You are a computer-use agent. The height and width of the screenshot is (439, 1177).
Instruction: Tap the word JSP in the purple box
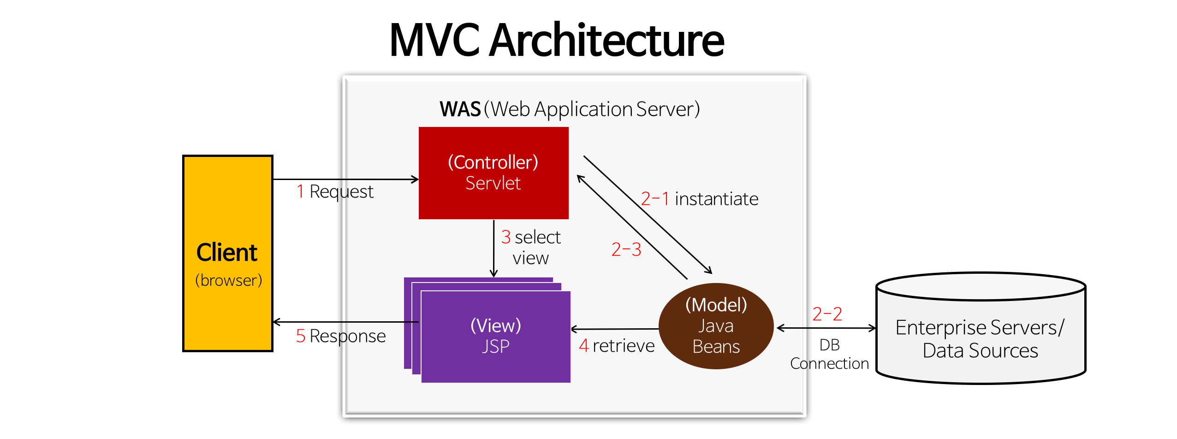coord(496,346)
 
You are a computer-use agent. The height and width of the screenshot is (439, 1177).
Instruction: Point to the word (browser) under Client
coord(228,280)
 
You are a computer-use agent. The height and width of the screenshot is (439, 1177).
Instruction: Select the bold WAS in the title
coord(460,109)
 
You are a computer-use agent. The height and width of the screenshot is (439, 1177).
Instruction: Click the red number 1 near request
coord(301,191)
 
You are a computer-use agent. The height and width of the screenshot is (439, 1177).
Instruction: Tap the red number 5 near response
coord(301,336)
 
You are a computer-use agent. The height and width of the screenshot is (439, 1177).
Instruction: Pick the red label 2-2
coord(827,314)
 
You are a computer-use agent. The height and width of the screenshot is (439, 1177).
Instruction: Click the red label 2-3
coord(626,250)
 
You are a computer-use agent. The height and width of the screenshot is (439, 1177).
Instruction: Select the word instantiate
coord(716,199)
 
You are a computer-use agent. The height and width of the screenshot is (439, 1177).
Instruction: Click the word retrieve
coord(623,346)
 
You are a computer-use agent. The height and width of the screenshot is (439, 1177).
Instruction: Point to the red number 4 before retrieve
coord(583,346)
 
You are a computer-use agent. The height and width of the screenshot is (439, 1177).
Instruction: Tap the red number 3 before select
coord(505,237)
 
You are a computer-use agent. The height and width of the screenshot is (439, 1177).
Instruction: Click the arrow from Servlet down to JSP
coord(493,249)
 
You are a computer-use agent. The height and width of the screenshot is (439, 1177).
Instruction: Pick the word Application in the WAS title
coord(583,109)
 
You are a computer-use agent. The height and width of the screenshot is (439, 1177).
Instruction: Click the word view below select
coord(530,258)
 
